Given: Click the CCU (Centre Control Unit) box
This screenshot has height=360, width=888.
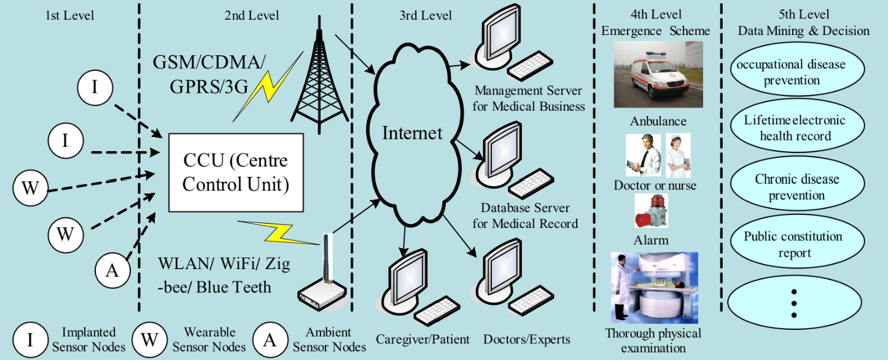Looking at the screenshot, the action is pyautogui.click(x=236, y=173).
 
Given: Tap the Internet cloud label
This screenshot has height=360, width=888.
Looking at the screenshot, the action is pyautogui.click(x=412, y=133).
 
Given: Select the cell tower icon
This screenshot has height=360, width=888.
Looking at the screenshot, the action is pyautogui.click(x=319, y=76).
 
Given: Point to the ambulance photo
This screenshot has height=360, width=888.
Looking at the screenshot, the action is pyautogui.click(x=658, y=74).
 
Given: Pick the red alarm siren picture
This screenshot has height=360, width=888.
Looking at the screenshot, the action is pyautogui.click(x=652, y=211).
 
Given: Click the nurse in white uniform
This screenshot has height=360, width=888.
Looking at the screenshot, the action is pyautogui.click(x=679, y=155).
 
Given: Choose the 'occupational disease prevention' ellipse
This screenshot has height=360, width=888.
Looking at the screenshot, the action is pyautogui.click(x=797, y=70).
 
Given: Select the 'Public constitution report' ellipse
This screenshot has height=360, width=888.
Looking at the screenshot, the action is pyautogui.click(x=797, y=242).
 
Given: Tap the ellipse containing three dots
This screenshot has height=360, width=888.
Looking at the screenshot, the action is pyautogui.click(x=795, y=303).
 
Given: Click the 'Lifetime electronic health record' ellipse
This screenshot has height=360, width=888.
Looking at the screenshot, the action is pyautogui.click(x=797, y=126).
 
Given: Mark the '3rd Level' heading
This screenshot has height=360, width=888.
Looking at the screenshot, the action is pyautogui.click(x=426, y=15).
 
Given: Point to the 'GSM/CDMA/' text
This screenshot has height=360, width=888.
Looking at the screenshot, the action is pyautogui.click(x=209, y=62).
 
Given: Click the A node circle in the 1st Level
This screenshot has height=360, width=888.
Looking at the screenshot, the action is pyautogui.click(x=112, y=270).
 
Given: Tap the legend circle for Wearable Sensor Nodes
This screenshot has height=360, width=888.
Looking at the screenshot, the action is pyautogui.click(x=149, y=339).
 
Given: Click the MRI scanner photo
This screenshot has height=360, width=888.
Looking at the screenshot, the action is pyautogui.click(x=655, y=288).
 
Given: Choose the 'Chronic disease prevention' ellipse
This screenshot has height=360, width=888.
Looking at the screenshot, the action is pyautogui.click(x=797, y=184).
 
